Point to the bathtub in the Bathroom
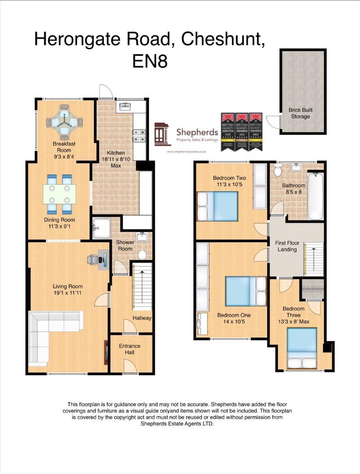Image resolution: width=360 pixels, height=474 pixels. (314, 196)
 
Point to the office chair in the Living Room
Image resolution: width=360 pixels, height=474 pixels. (93, 260)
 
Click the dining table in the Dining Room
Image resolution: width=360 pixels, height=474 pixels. (59, 194)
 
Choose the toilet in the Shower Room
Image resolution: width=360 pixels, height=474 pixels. (142, 255)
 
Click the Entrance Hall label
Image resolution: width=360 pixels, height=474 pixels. (130, 349)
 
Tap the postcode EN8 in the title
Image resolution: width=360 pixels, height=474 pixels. (150, 61)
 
